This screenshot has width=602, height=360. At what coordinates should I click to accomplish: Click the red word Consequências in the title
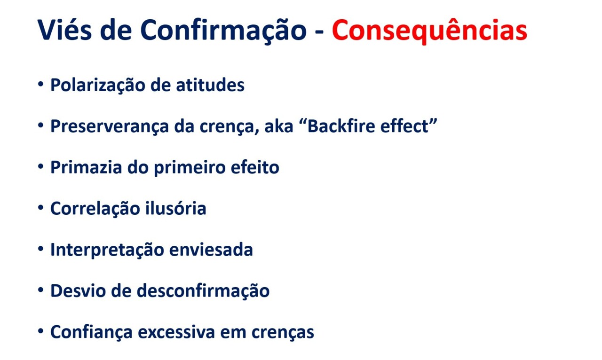429,31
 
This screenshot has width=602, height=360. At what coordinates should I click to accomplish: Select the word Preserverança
109,126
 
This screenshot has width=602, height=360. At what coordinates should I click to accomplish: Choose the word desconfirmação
203,290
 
